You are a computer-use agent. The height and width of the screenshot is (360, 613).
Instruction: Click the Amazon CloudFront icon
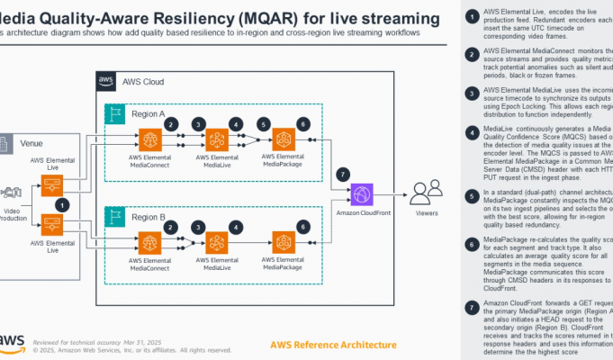coord(364,193)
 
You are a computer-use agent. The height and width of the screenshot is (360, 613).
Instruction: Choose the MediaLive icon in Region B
coord(218,241)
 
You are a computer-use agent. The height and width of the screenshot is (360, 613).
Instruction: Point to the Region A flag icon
coord(115,114)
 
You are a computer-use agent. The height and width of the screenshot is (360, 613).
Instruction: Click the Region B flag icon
coord(115,217)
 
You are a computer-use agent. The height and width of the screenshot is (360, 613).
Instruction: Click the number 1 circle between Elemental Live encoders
coord(61,204)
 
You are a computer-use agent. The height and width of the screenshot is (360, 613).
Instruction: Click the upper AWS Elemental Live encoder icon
coord(52,185)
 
